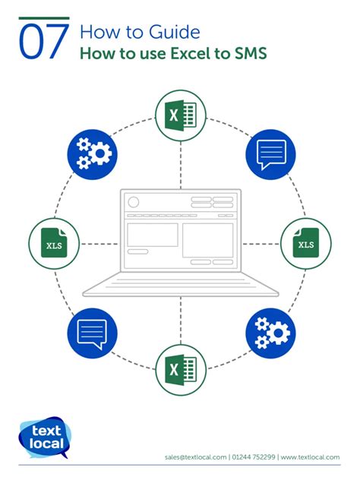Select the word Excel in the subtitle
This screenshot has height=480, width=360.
(x=189, y=53)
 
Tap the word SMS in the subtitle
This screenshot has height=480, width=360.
(x=251, y=53)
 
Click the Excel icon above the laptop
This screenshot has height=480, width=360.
(x=181, y=115)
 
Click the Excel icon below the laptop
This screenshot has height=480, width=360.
(x=181, y=370)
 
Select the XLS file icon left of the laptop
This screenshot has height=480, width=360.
(x=54, y=244)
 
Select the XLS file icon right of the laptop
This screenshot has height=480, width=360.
(x=306, y=244)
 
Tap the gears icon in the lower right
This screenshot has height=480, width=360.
(x=270, y=333)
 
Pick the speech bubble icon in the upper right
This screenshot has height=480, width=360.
(x=270, y=154)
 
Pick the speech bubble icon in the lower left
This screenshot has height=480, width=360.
(x=92, y=333)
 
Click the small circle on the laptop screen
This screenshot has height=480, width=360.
(x=134, y=202)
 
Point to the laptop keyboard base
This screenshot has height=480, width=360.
(x=181, y=285)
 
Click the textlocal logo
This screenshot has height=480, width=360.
(x=45, y=437)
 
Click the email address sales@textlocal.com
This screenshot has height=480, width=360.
(x=196, y=457)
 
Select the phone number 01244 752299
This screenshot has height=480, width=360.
(x=254, y=457)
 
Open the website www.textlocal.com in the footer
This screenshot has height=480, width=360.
(x=310, y=457)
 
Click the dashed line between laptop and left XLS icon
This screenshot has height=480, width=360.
(x=99, y=244)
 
